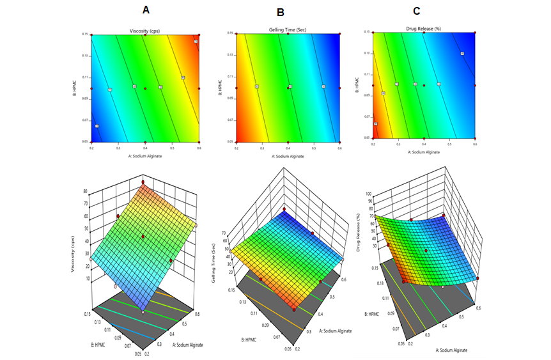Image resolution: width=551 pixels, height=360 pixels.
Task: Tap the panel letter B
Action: (x=280, y=12)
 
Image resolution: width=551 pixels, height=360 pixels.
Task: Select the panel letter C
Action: (x=417, y=10)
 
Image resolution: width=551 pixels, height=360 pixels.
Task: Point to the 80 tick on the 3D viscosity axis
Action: (x=85, y=191)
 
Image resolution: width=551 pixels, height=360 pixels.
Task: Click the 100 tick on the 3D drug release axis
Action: (x=368, y=192)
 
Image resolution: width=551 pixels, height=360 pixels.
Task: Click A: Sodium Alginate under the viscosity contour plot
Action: (x=146, y=155)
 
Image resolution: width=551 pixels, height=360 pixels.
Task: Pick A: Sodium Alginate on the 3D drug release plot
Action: (x=453, y=350)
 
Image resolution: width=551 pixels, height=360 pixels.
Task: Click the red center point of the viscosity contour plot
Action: (x=146, y=88)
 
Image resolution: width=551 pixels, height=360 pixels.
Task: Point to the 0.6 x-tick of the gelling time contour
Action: (x=339, y=147)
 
